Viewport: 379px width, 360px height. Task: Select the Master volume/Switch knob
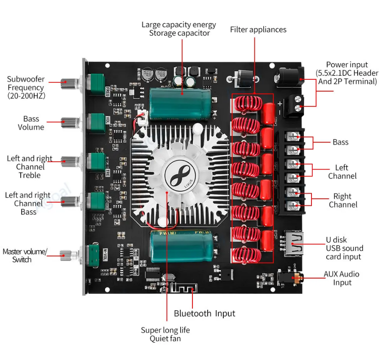[x=67, y=254]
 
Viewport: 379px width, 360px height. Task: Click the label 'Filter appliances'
[x=258, y=30]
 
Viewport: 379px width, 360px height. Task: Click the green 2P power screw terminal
[x=294, y=104]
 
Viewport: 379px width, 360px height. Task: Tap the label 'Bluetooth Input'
[x=204, y=314]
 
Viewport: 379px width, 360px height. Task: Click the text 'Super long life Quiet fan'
[x=165, y=334]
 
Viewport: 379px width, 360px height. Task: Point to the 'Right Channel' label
[x=342, y=200]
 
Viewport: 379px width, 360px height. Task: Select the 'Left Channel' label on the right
[x=342, y=172]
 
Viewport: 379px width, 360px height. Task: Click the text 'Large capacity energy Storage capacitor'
[x=179, y=29]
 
